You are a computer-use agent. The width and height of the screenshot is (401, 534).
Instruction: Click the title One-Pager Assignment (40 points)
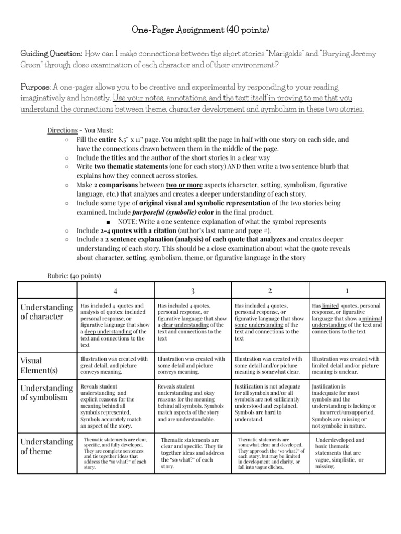(200, 30)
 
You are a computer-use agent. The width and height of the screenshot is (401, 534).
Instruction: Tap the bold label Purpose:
(33, 87)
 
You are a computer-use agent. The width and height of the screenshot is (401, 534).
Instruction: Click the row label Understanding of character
(46, 311)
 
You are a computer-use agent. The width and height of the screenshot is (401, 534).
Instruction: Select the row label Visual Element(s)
(40, 366)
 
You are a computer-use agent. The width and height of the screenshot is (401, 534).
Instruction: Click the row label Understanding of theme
(46, 447)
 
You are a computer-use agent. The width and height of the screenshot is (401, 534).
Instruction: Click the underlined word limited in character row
(331, 305)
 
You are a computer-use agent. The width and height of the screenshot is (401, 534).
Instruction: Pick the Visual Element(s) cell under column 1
(347, 366)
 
